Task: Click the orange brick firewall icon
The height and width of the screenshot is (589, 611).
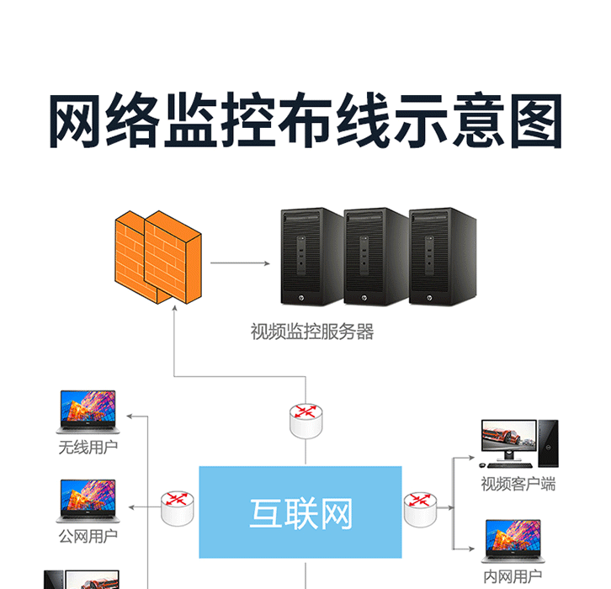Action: point(158,257)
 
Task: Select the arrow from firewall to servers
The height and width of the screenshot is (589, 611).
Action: point(240,263)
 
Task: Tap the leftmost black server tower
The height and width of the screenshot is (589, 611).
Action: point(312,257)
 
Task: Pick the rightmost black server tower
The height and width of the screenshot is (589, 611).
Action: point(443,257)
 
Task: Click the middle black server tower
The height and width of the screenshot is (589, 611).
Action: point(376,257)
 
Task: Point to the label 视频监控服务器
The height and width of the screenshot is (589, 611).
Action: point(312,332)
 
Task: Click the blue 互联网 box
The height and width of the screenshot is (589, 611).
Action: point(300,512)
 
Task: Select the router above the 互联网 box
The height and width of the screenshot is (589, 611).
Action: point(306,421)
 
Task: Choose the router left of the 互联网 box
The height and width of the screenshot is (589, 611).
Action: point(178,508)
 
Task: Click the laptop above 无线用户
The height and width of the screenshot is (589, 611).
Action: point(88,411)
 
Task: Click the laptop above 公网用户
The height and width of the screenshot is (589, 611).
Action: point(88,501)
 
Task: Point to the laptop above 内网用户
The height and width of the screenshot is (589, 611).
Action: point(513,542)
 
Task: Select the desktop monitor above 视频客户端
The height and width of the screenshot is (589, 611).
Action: point(508,440)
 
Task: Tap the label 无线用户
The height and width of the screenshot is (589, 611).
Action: point(88,447)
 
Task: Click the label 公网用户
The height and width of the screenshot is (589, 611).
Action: point(88,537)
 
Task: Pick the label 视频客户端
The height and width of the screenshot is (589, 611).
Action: point(518,484)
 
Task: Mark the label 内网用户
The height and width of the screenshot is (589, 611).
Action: point(513,576)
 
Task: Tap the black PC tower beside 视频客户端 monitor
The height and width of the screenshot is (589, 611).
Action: point(549,443)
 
